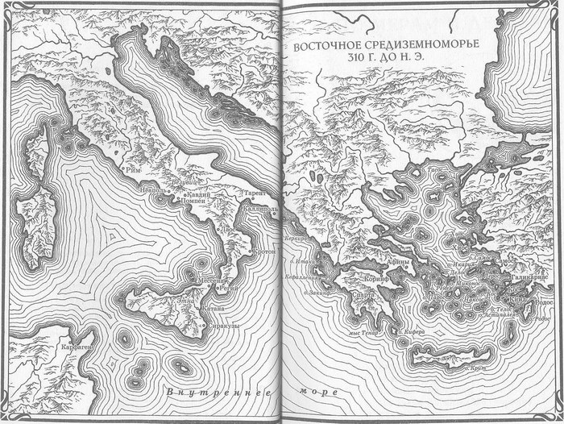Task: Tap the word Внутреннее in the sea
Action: pyautogui.click(x=214, y=393)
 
